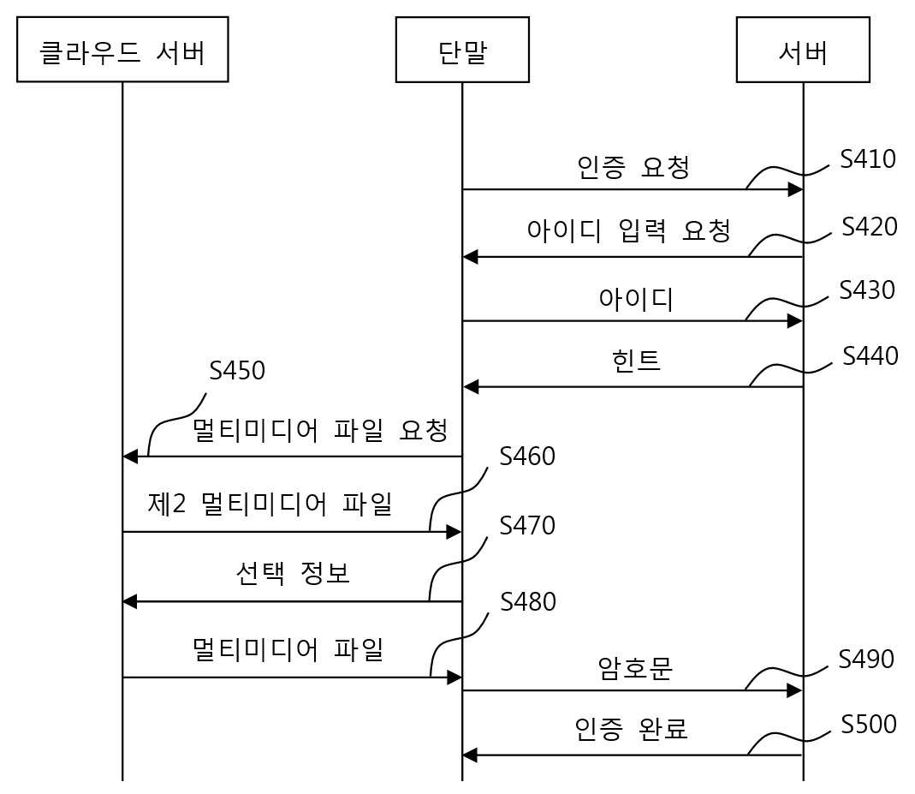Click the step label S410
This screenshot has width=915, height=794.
(x=868, y=158)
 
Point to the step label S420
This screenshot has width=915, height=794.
(x=869, y=226)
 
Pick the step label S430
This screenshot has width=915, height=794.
(x=867, y=290)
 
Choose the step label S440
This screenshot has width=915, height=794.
(x=870, y=355)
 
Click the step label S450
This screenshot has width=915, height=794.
(x=237, y=370)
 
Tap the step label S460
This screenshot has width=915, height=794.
(x=527, y=456)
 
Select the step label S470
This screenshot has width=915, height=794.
(x=527, y=525)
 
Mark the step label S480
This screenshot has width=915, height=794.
(x=527, y=601)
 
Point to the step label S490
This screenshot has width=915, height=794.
(x=866, y=660)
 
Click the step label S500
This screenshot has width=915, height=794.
(x=868, y=724)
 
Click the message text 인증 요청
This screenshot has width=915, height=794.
(x=633, y=167)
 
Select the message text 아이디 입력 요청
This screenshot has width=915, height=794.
(x=628, y=230)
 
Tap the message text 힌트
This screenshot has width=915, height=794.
(x=636, y=361)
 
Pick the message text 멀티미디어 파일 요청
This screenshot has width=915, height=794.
(x=320, y=430)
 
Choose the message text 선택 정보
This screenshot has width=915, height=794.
(x=293, y=573)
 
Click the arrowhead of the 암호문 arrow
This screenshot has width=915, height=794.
(x=795, y=690)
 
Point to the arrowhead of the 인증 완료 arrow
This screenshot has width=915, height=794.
(x=470, y=755)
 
